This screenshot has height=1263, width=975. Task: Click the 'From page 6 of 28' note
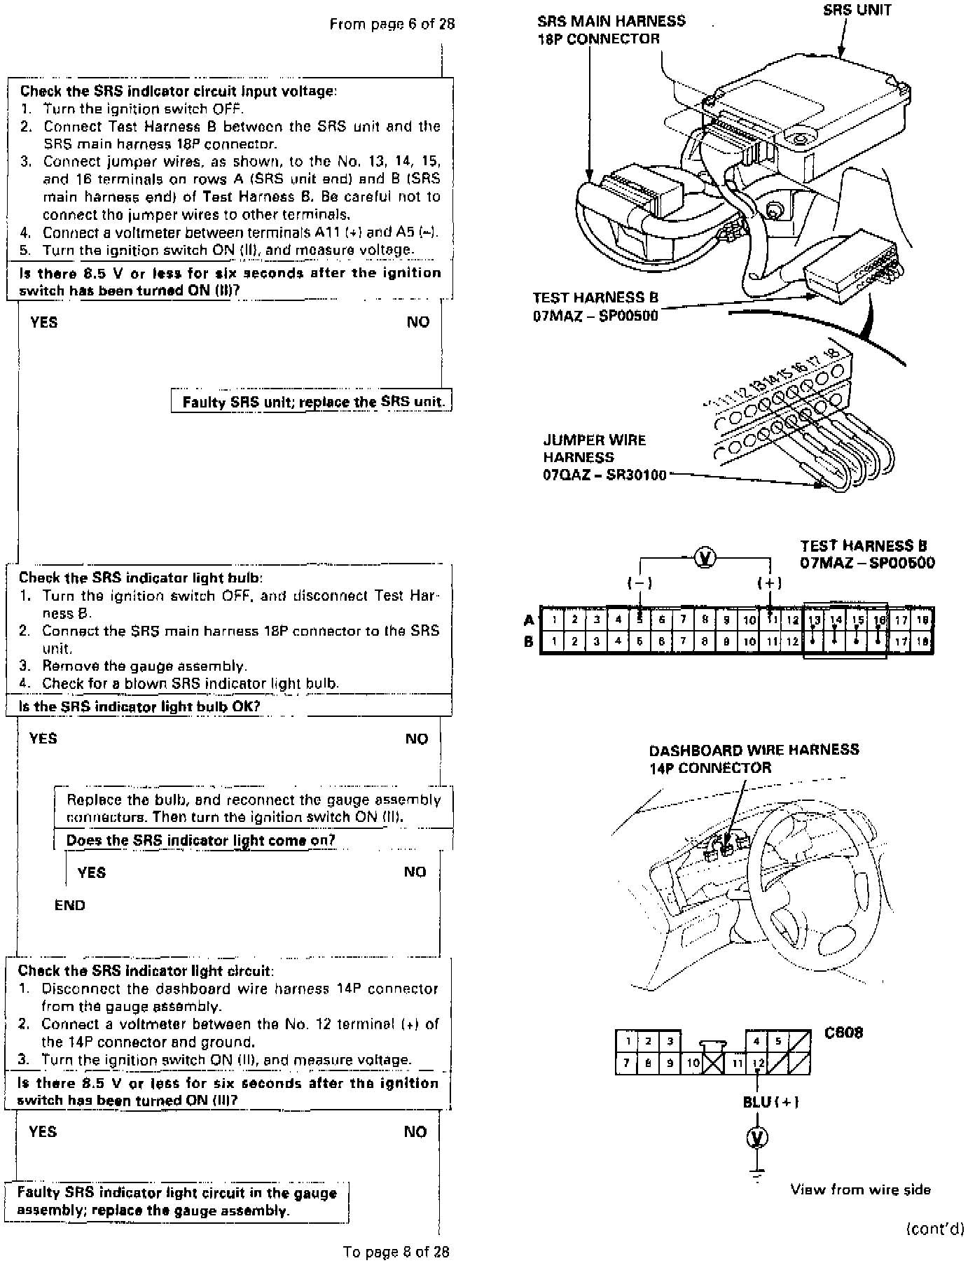392,25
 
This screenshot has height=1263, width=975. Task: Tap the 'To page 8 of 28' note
396,1251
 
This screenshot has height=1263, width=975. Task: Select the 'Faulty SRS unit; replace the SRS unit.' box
312,402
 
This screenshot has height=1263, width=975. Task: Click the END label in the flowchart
70,905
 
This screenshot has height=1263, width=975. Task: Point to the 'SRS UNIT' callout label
857,11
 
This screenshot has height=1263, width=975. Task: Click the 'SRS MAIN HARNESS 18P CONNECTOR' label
611,30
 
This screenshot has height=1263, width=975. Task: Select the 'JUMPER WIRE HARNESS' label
594,449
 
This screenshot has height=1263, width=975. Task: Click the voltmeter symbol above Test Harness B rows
705,558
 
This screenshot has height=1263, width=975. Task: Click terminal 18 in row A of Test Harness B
922,620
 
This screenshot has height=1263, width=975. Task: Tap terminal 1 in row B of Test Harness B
553,641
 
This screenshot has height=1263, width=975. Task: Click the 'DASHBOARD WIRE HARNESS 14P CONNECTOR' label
753,759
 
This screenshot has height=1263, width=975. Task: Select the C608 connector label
843,1033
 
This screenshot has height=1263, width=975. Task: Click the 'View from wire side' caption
860,1189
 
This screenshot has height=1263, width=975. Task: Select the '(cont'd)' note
935,1229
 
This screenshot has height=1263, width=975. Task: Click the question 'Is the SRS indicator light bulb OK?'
139,706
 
